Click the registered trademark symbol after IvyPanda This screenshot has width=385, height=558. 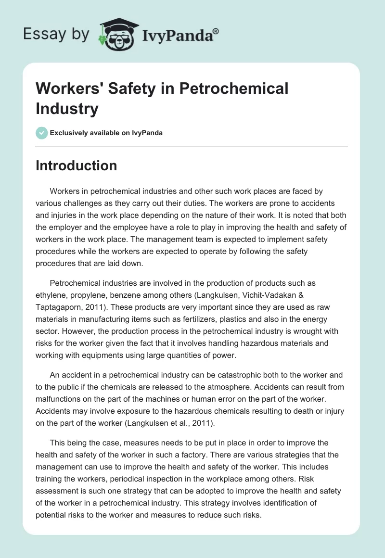[216, 31]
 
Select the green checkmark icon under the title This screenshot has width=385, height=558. [42, 133]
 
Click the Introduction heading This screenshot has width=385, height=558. [76, 165]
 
